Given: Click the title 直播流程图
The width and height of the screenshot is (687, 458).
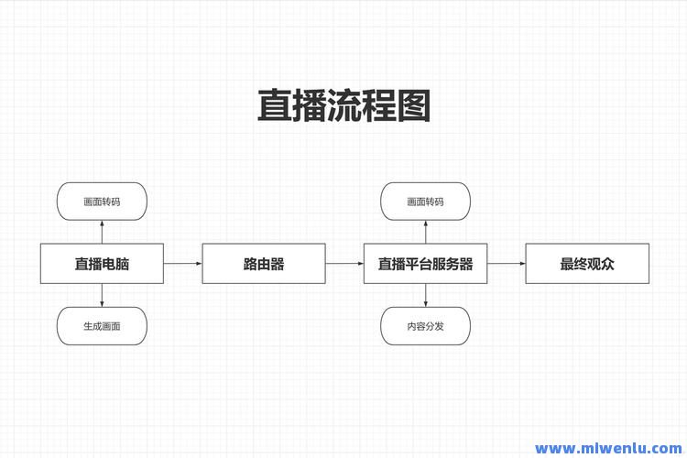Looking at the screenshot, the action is point(343,105).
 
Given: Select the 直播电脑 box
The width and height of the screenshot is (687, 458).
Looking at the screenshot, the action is point(102,264).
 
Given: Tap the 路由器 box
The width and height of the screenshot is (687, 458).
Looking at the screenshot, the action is point(264,264).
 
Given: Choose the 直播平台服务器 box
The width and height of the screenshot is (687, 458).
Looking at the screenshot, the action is point(425,264).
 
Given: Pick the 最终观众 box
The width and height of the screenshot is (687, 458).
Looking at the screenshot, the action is point(587,264).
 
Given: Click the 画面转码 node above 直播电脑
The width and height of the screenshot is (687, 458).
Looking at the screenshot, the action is point(102,202).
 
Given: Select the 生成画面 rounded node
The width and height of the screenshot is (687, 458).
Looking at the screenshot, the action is point(102,326).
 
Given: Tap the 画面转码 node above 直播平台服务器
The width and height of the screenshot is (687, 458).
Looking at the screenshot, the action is point(425,202).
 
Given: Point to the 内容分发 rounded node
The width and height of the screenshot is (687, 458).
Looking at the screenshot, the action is point(425,326).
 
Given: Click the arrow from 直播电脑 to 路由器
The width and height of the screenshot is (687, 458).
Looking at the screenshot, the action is point(182,264).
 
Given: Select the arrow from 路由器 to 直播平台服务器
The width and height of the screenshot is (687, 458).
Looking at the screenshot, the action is point(344,264).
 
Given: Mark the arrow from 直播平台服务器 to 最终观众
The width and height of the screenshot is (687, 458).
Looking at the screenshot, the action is point(506,264).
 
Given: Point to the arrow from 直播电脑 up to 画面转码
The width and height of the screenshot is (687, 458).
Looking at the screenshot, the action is point(102,232).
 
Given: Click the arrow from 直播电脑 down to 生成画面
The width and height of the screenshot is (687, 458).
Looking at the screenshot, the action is point(102,295).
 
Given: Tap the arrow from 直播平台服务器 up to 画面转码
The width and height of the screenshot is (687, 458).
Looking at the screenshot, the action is point(425,232).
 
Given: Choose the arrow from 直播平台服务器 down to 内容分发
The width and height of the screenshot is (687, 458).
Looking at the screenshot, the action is point(425,295).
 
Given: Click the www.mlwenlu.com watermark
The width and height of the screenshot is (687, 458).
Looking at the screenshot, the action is point(608,448).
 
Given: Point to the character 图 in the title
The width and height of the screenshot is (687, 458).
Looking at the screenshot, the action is point(414,105).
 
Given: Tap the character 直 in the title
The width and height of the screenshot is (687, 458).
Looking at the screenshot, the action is point(275,105).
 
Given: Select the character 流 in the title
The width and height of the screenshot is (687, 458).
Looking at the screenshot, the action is point(343,105).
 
